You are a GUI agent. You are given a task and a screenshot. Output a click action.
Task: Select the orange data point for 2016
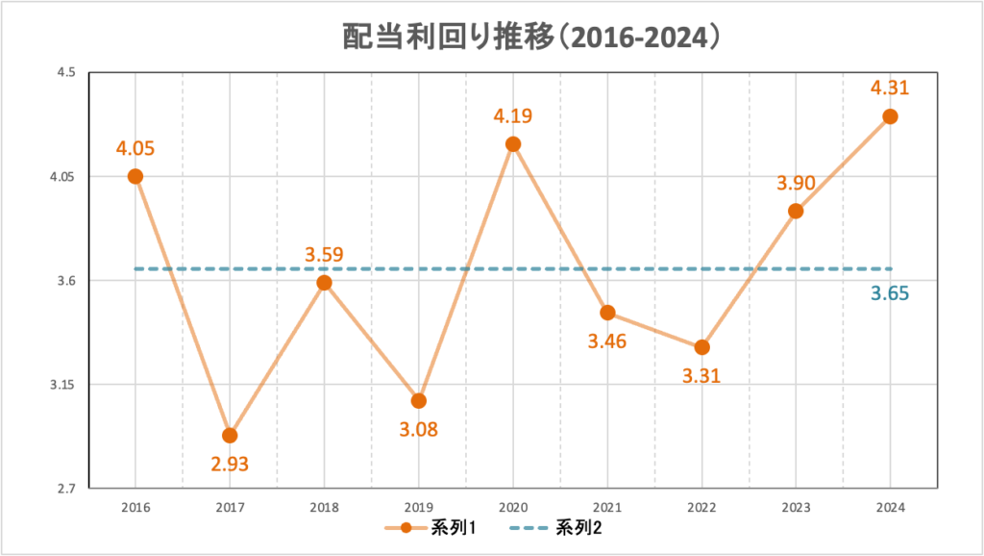pos(135,176)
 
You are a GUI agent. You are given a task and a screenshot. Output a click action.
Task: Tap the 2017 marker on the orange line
pos(230,435)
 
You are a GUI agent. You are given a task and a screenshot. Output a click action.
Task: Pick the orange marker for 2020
pos(513,144)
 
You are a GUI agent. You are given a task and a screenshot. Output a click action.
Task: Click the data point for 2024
pos(890,116)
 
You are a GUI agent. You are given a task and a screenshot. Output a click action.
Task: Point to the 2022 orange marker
pos(701,346)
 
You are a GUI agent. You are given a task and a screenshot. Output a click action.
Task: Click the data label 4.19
pos(513,116)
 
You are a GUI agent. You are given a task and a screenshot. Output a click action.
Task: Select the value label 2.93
pos(230,465)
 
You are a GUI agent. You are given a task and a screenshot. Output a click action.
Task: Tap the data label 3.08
pos(418,429)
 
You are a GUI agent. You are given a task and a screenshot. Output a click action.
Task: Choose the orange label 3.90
pos(796,183)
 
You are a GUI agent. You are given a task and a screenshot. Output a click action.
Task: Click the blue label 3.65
pos(890,294)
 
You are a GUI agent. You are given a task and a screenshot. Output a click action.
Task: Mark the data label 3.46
pos(607,341)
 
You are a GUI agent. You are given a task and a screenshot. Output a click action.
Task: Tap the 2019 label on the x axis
pos(418,506)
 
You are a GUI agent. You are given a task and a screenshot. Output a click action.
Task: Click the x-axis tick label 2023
pos(796,506)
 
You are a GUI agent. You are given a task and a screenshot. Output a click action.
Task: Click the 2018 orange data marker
pos(324,283)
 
